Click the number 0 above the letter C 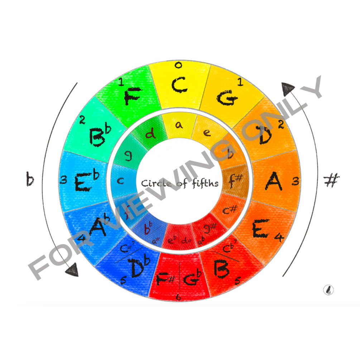click(x=178, y=65)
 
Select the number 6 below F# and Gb click(x=178, y=296)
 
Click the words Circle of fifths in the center click(x=179, y=183)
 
